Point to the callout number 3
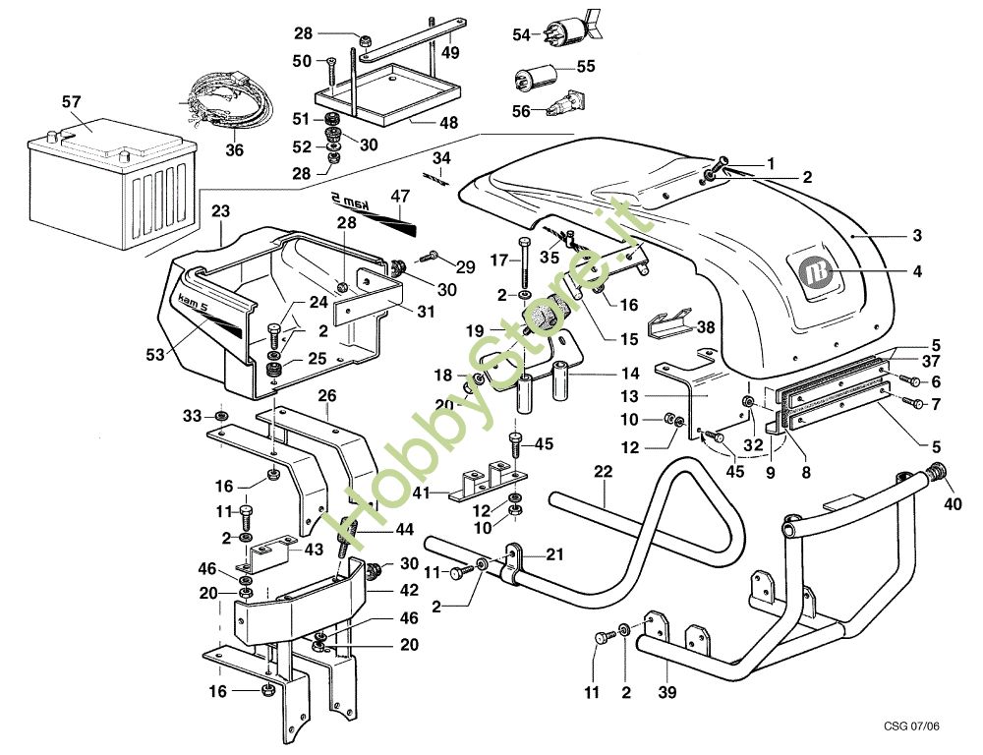coord(916,235)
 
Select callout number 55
coord(585,67)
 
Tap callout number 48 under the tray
coord(447,124)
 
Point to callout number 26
coord(326,396)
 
